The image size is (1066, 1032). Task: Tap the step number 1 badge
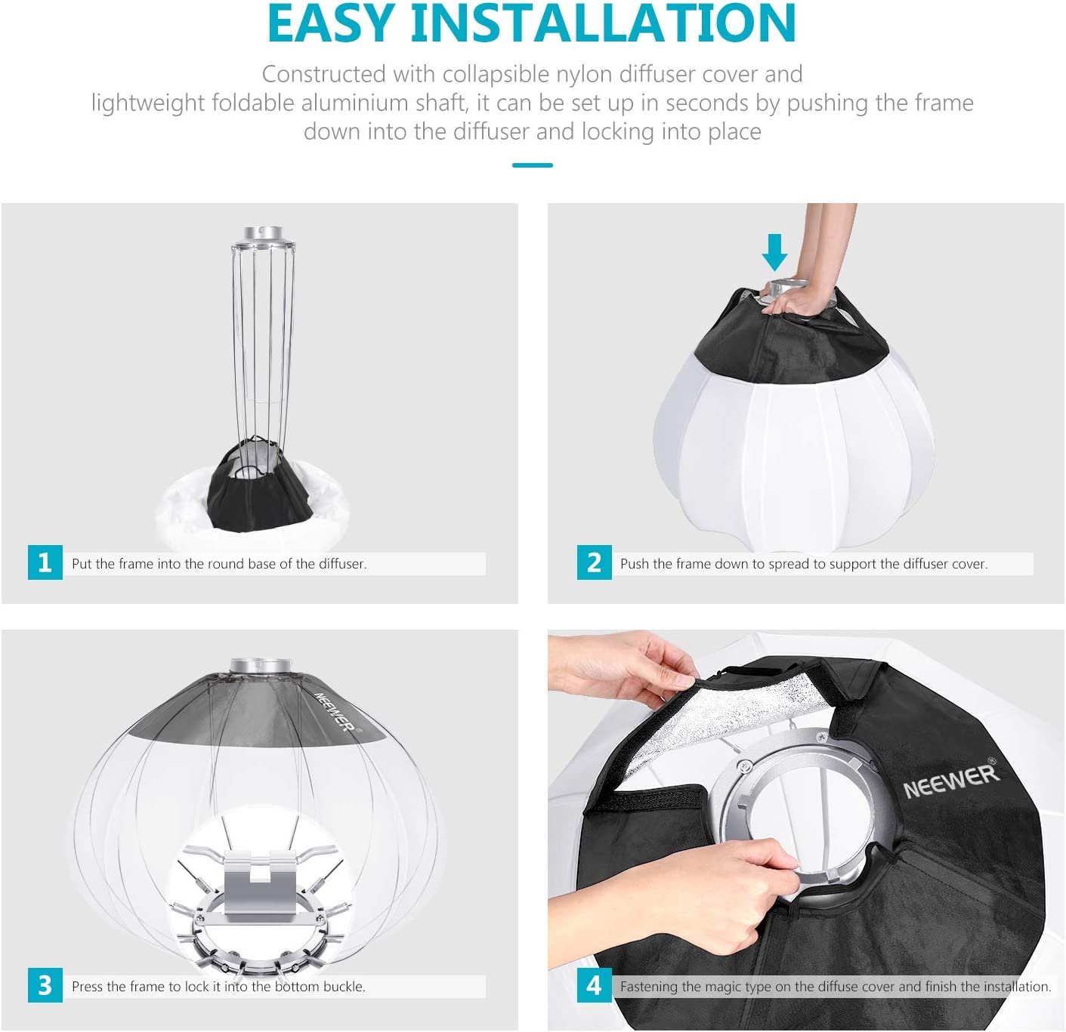pos(45,562)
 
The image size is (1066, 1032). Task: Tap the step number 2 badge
pos(594,562)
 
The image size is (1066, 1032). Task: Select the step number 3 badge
pos(45,985)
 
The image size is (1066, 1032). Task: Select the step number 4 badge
pos(594,985)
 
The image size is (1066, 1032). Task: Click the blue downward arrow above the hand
pos(774,251)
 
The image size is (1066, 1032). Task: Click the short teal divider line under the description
pos(532,165)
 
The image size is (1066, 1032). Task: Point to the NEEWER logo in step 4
pos(951,780)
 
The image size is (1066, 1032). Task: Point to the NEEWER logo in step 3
pos(334,711)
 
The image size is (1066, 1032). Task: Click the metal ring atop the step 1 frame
pos(263,234)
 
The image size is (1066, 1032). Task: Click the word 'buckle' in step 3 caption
pos(344,987)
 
